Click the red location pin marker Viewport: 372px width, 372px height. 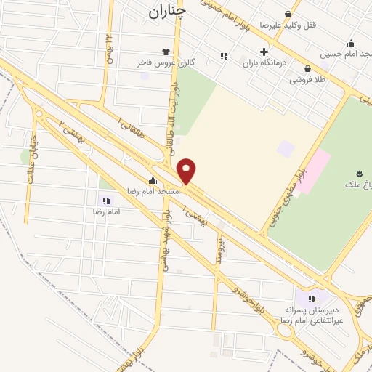point(187,171)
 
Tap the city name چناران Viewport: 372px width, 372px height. point(166,11)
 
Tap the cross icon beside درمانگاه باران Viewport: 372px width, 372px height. point(264,52)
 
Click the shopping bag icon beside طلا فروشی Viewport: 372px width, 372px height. point(318,68)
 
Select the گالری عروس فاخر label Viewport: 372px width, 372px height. point(166,62)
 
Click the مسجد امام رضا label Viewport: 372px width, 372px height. point(132,190)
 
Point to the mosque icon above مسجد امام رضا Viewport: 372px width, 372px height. point(152,180)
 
